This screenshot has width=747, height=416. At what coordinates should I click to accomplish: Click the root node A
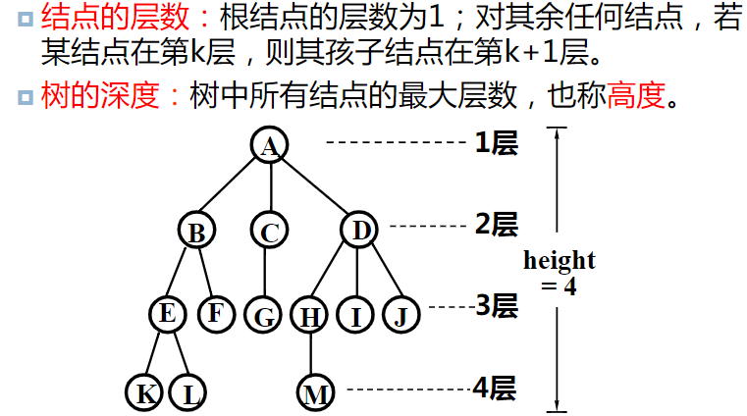pyautogui.click(x=269, y=145)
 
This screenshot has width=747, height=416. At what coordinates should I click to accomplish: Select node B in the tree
pyautogui.click(x=196, y=232)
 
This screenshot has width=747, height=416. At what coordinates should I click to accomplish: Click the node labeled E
pyautogui.click(x=168, y=314)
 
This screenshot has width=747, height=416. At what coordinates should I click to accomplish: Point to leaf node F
pyautogui.click(x=215, y=314)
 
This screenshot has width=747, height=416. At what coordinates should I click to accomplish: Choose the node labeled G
pyautogui.click(x=264, y=316)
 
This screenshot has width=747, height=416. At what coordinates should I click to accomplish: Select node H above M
pyautogui.click(x=309, y=316)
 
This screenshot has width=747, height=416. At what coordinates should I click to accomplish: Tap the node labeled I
pyautogui.click(x=355, y=316)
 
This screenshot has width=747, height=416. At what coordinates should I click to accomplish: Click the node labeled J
pyautogui.click(x=400, y=315)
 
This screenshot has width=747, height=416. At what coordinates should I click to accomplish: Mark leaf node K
pyautogui.click(x=144, y=393)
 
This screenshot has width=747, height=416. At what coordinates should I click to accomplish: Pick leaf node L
pyautogui.click(x=188, y=393)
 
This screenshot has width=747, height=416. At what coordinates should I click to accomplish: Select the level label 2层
pyautogui.click(x=496, y=225)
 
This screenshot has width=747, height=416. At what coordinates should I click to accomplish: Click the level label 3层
pyautogui.click(x=496, y=306)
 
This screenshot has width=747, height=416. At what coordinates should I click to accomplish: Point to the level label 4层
pyautogui.click(x=494, y=388)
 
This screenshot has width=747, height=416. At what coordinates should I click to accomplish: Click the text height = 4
pyautogui.click(x=560, y=273)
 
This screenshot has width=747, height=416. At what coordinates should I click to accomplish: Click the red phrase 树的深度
pyautogui.click(x=102, y=96)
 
